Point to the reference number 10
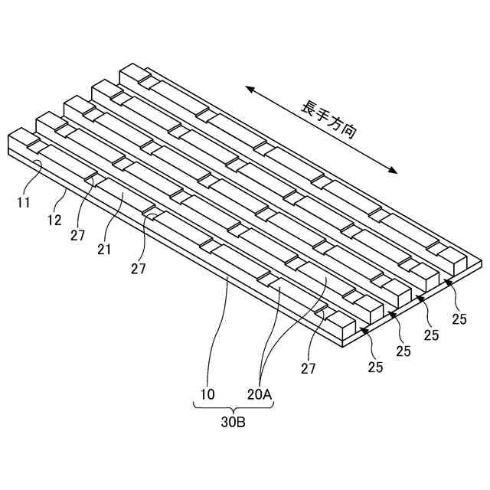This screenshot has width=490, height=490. [207, 394]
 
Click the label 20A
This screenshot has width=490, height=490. [260, 394]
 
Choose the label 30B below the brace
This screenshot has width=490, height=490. [234, 422]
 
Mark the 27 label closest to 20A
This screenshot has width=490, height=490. [308, 369]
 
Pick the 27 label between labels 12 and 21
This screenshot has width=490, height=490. [77, 235]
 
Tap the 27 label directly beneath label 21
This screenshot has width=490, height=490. [138, 268]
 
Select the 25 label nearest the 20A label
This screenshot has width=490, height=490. [374, 367]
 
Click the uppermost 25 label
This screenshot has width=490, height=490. [459, 320]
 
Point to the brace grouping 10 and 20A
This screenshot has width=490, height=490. [234, 407]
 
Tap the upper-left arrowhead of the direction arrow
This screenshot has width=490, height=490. [249, 90]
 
